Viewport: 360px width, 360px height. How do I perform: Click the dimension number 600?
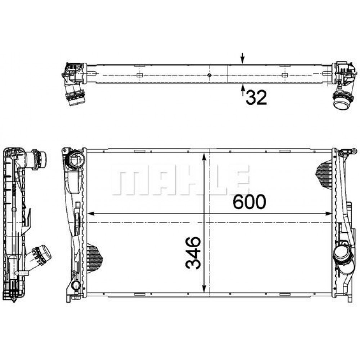[x=249, y=202]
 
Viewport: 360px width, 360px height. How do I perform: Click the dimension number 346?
[x=193, y=253]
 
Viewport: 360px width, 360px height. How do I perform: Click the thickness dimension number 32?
[x=256, y=97]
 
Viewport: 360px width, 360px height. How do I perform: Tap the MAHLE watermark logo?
[x=180, y=180]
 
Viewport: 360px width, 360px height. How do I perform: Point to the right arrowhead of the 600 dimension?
[x=328, y=213]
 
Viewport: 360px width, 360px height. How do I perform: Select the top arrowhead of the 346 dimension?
[x=204, y=158]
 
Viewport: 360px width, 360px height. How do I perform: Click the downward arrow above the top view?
[x=242, y=58]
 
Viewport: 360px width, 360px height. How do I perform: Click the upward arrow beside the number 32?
[x=242, y=90]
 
